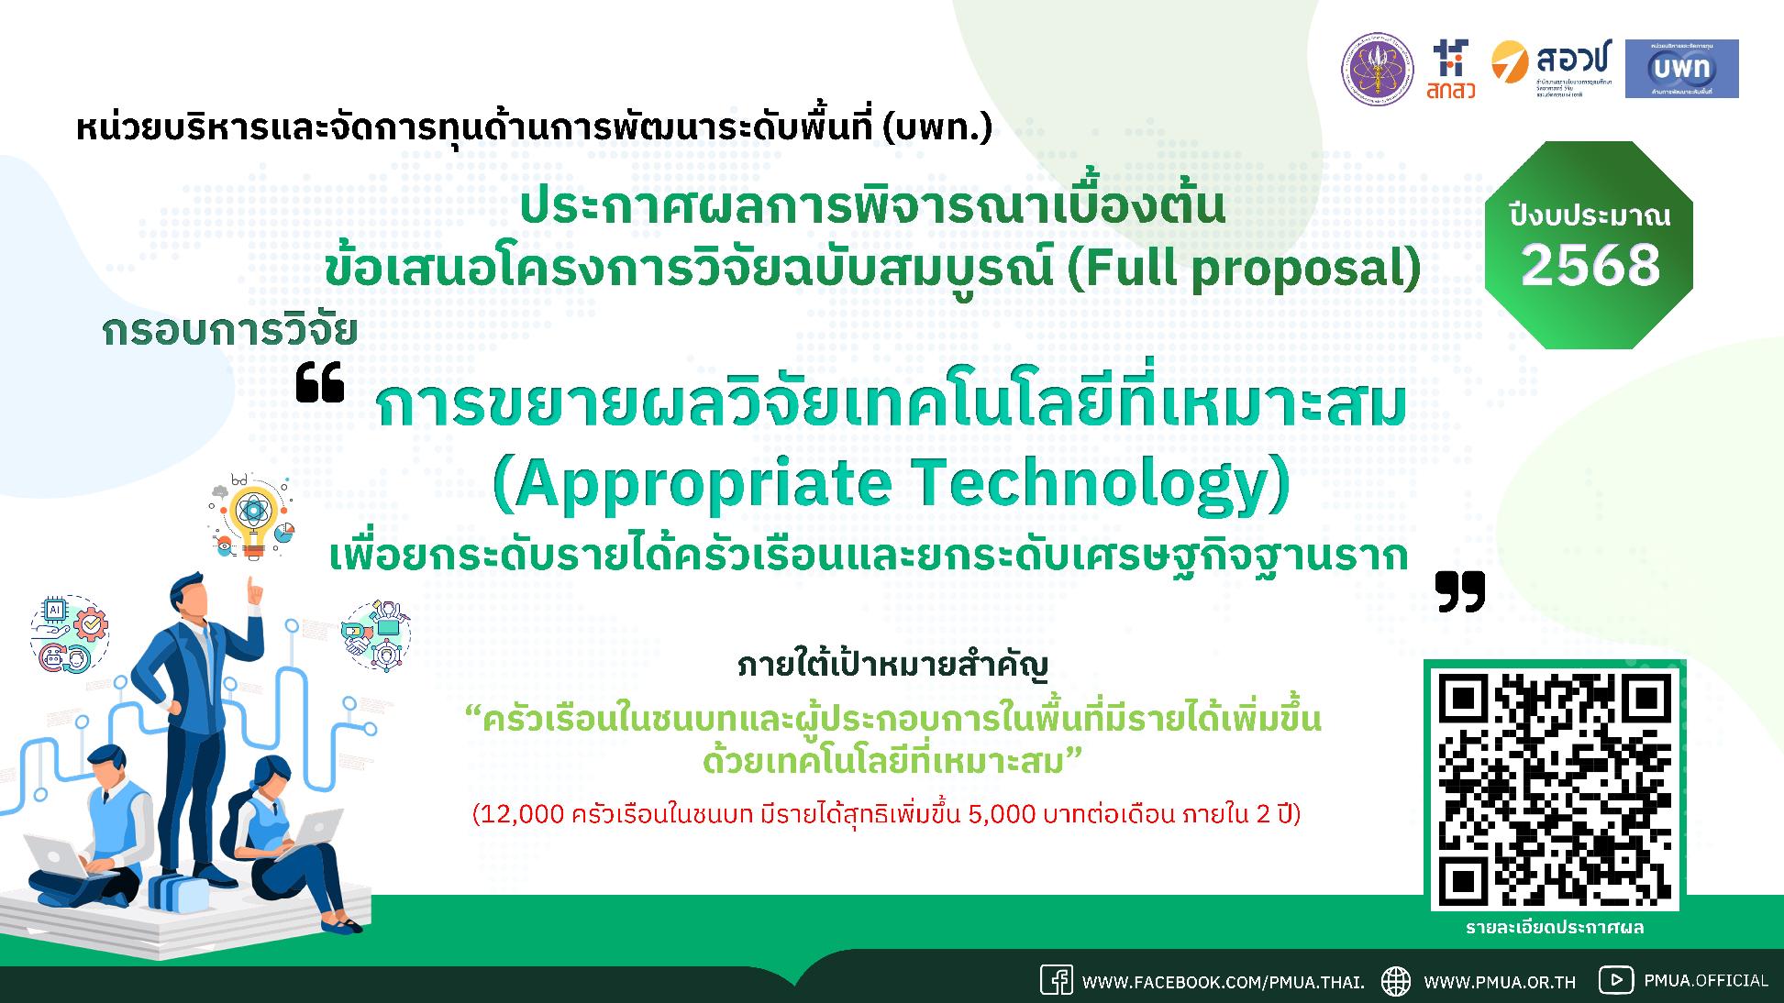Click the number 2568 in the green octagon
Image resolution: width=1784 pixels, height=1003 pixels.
click(x=1590, y=265)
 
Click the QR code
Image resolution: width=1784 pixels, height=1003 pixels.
click(x=1556, y=789)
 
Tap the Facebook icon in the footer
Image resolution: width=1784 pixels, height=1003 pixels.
click(x=1056, y=980)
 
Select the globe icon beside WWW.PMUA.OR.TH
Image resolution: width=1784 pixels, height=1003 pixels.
click(x=1396, y=980)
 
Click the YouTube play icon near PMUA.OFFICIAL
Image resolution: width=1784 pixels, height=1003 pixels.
click(x=1615, y=979)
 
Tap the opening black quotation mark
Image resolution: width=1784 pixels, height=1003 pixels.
click(x=320, y=383)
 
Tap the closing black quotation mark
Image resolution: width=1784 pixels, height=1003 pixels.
click(x=1460, y=591)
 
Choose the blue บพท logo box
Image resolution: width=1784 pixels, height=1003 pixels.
click(x=1681, y=69)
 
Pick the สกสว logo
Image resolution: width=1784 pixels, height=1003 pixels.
click(x=1452, y=69)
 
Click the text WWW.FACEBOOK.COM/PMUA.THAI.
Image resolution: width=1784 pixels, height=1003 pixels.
click(x=1223, y=982)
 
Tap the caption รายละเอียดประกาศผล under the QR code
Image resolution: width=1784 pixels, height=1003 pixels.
click(x=1555, y=928)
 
